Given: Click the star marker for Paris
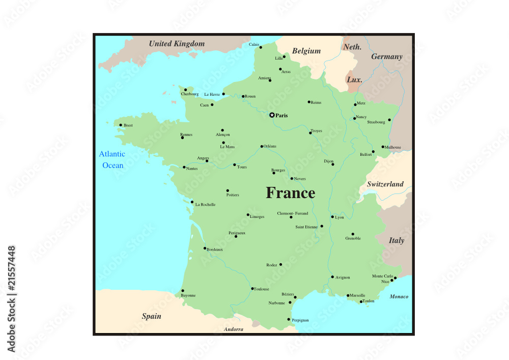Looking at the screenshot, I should [272, 115].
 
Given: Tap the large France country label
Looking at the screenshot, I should [291, 193].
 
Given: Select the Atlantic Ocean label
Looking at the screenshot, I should [112, 159].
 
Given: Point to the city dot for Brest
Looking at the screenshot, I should [121, 125].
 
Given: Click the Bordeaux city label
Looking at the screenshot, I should [215, 250].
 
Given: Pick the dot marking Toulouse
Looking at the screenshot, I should [252, 289].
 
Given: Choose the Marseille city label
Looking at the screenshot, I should [357, 295].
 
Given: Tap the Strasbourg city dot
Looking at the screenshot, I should [389, 120].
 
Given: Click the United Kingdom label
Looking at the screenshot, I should [177, 44].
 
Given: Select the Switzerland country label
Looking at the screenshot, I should [385, 184].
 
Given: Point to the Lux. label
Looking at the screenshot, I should [354, 80].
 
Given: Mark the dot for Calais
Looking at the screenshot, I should [261, 47].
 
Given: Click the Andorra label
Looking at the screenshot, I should [234, 329].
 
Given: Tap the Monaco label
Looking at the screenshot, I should [399, 296].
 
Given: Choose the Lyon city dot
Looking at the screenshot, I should [332, 217].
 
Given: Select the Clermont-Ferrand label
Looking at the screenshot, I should [293, 213].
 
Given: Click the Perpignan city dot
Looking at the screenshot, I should [289, 319].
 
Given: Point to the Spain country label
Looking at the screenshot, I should [151, 316].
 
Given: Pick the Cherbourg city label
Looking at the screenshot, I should [190, 94].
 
